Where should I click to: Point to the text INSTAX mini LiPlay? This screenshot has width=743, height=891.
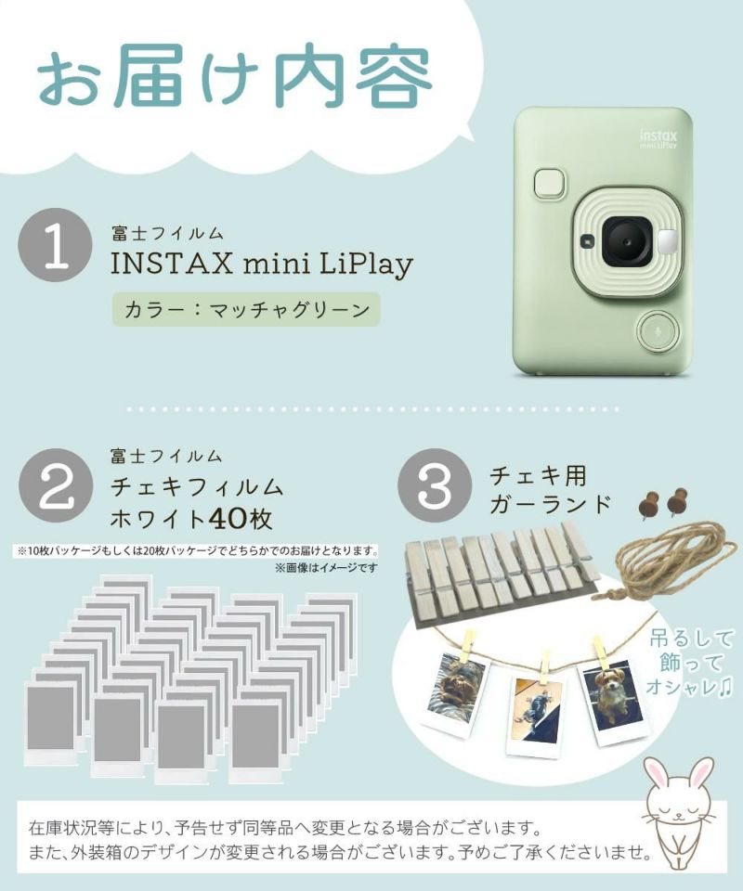(x=261, y=265)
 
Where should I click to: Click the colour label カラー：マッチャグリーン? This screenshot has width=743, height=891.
(x=245, y=308)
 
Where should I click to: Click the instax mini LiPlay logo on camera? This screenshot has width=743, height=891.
(x=657, y=139)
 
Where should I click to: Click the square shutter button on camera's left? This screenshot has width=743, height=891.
(x=551, y=183)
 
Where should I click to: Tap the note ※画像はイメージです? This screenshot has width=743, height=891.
(x=325, y=566)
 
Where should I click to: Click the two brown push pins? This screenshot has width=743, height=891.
(x=660, y=502)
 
